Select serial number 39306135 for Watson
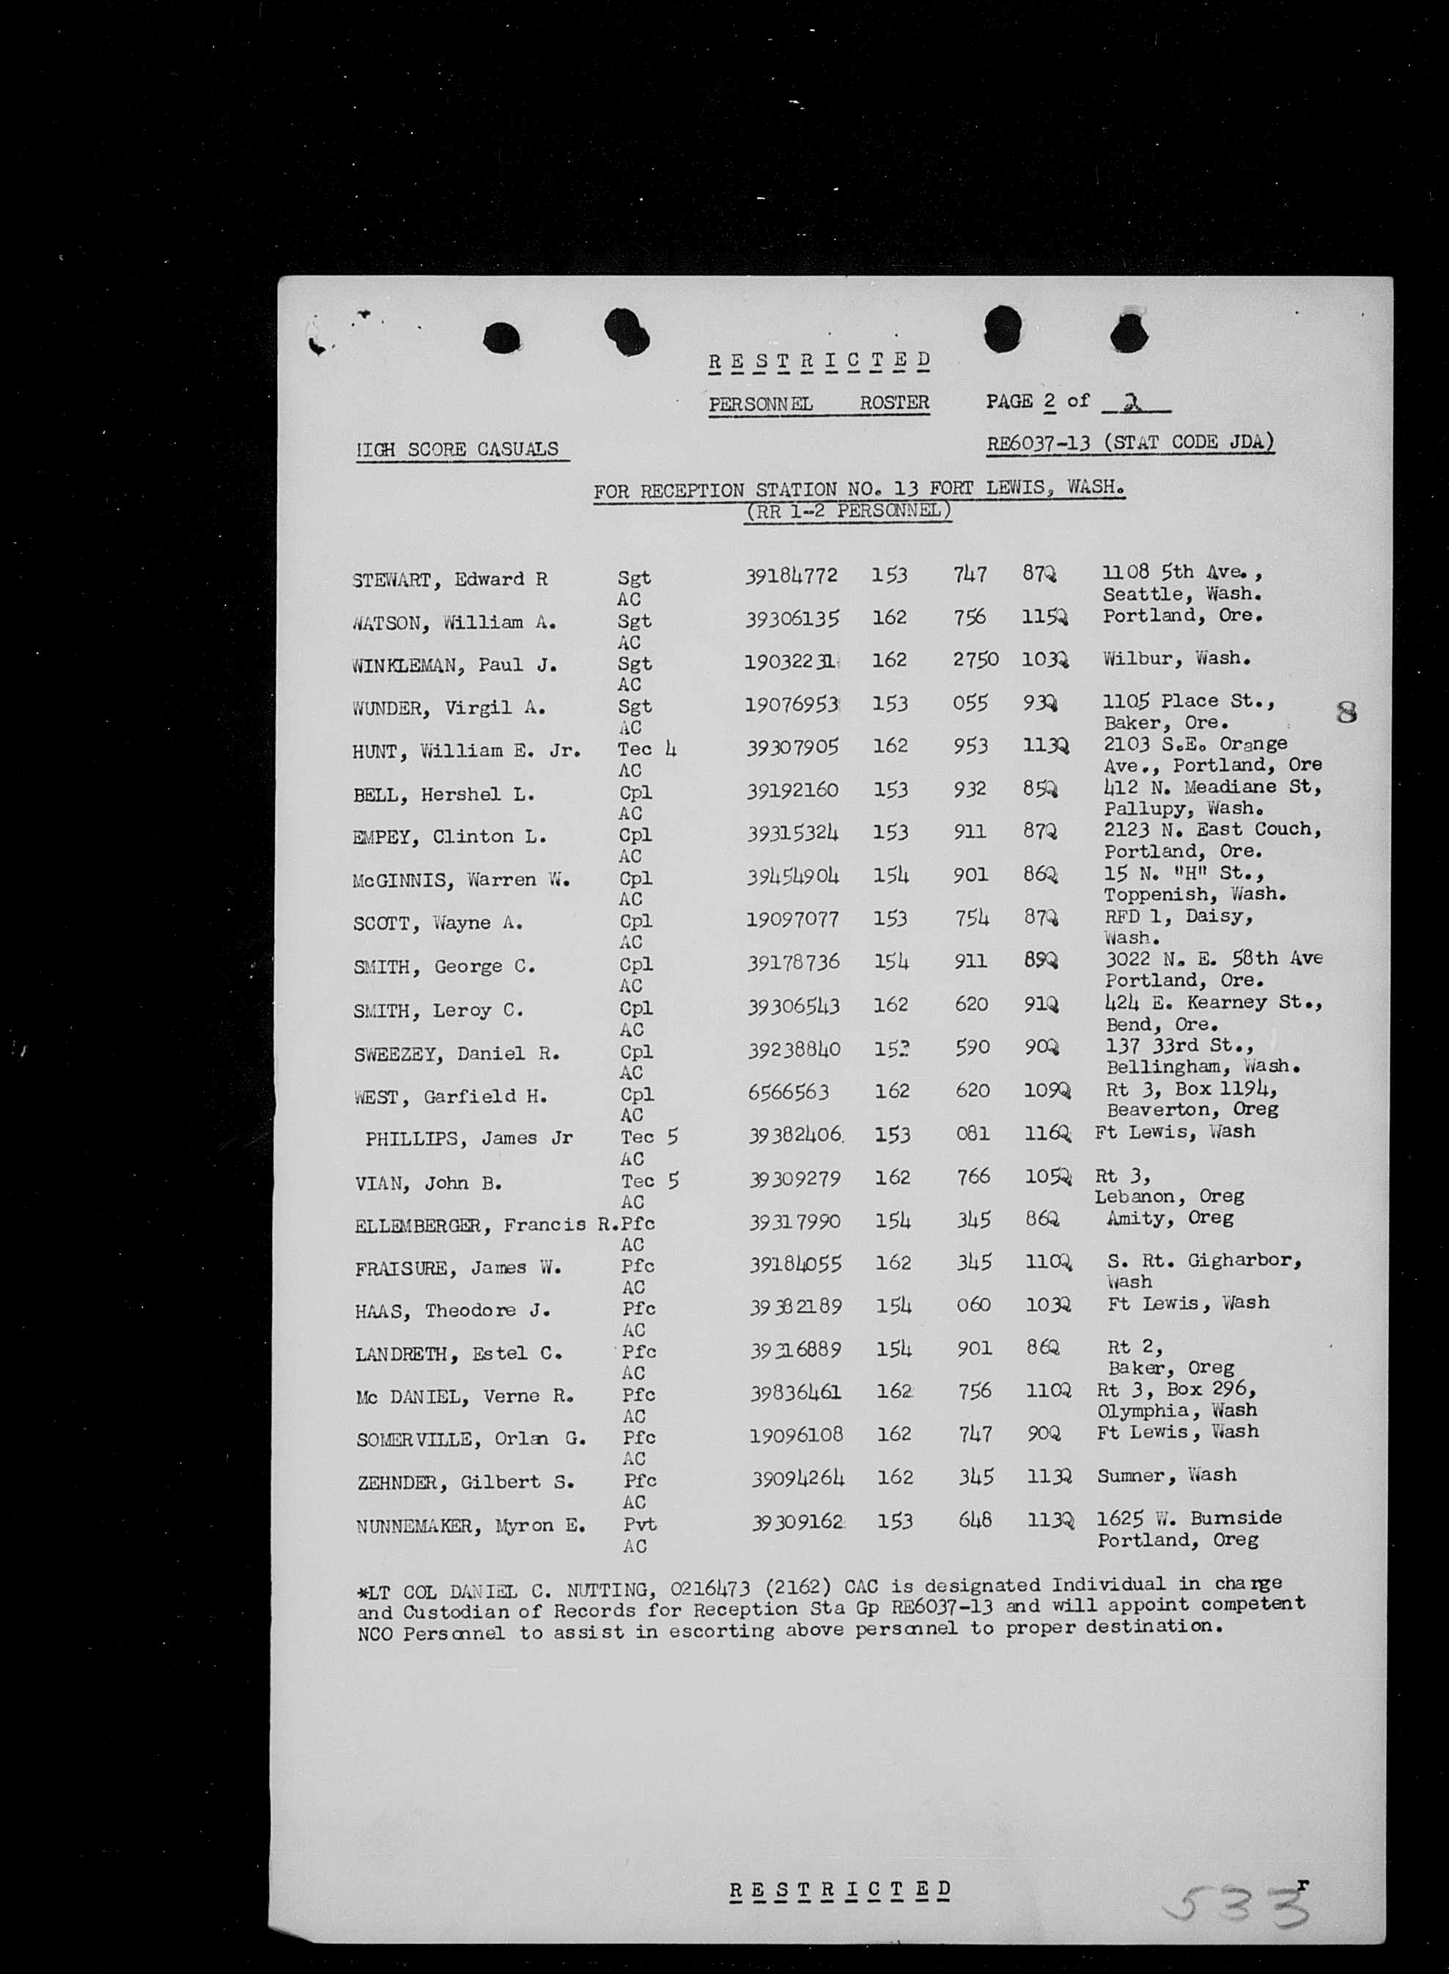coord(792,619)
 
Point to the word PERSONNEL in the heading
coord(761,404)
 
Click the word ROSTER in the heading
coord(893,402)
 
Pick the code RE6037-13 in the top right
coord(1039,443)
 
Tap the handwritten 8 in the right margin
coord(1346,710)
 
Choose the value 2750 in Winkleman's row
coord(976,660)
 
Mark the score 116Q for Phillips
coord(1047,1133)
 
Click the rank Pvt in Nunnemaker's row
coord(639,1524)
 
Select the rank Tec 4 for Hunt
coord(646,749)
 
